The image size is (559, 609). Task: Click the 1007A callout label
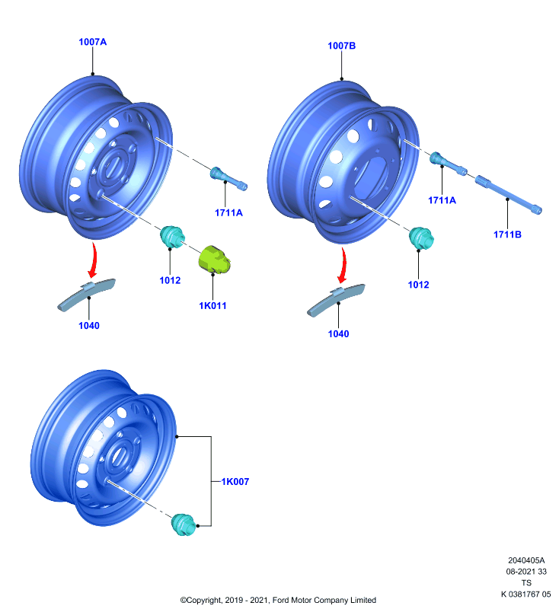pyautogui.click(x=92, y=42)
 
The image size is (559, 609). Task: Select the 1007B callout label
pyautogui.click(x=341, y=46)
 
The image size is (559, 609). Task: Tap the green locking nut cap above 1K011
pyautogui.click(x=215, y=259)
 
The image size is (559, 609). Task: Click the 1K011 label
pyautogui.click(x=212, y=306)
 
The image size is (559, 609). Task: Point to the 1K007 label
pyautogui.click(x=235, y=482)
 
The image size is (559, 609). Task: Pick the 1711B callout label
pyautogui.click(x=507, y=234)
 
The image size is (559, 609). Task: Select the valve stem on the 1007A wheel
pyautogui.click(x=228, y=179)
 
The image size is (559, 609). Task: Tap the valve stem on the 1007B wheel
pyautogui.click(x=448, y=164)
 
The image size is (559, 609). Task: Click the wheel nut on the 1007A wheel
pyautogui.click(x=172, y=237)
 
